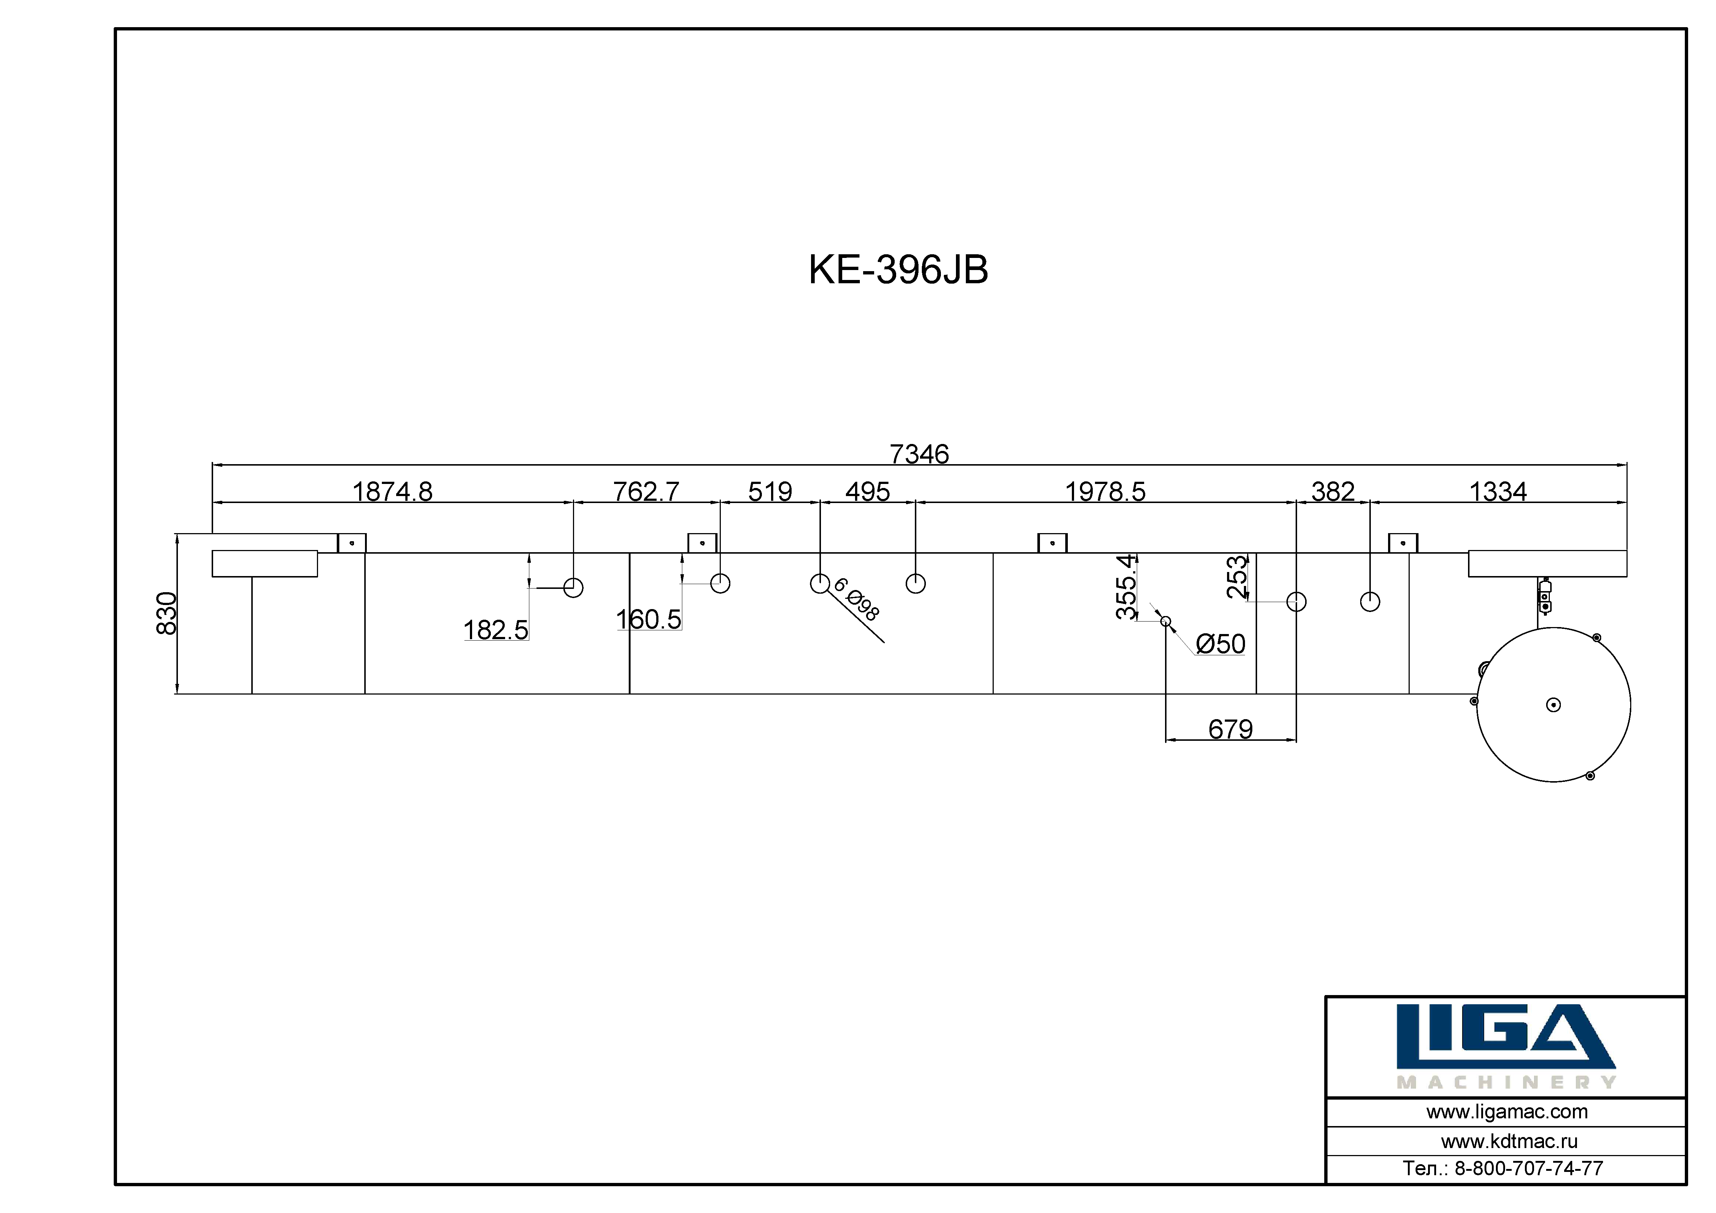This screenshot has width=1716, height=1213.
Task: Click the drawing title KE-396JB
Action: click(898, 270)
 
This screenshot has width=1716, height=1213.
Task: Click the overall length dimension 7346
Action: click(919, 453)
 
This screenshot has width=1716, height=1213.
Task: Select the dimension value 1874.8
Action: click(393, 492)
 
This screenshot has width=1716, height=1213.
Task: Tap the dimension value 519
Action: click(770, 492)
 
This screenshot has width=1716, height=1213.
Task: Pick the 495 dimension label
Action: click(868, 492)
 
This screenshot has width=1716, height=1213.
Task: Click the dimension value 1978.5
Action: click(1105, 492)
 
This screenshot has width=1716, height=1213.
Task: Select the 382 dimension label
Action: click(1333, 492)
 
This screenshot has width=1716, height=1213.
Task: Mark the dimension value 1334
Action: click(1498, 492)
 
